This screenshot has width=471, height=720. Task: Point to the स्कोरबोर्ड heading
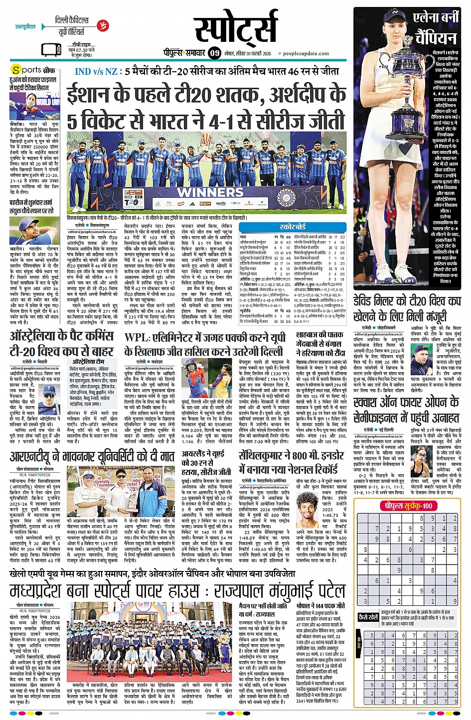point(293,227)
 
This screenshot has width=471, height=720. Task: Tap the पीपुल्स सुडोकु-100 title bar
point(408,506)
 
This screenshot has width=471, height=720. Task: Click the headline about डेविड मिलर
point(407,308)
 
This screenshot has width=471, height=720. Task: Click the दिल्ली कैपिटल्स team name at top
point(72,20)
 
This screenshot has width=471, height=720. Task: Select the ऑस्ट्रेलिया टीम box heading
point(88,361)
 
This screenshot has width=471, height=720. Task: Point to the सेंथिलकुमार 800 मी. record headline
point(291,462)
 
